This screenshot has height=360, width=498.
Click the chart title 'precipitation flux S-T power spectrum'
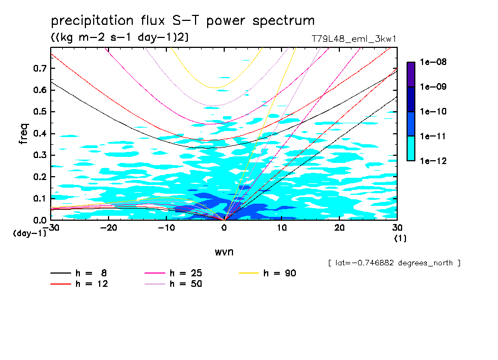pyautogui.click(x=183, y=21)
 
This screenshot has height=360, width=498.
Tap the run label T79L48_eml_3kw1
pyautogui.click(x=354, y=39)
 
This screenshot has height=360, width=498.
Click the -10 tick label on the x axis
pyautogui.click(x=166, y=227)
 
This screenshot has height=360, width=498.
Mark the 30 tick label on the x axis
pyautogui.click(x=397, y=227)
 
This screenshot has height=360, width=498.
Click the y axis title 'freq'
pyautogui.click(x=24, y=134)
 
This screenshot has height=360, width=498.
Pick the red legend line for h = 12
pyautogui.click(x=61, y=284)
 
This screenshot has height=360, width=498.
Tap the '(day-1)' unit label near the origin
pyautogui.click(x=30, y=233)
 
